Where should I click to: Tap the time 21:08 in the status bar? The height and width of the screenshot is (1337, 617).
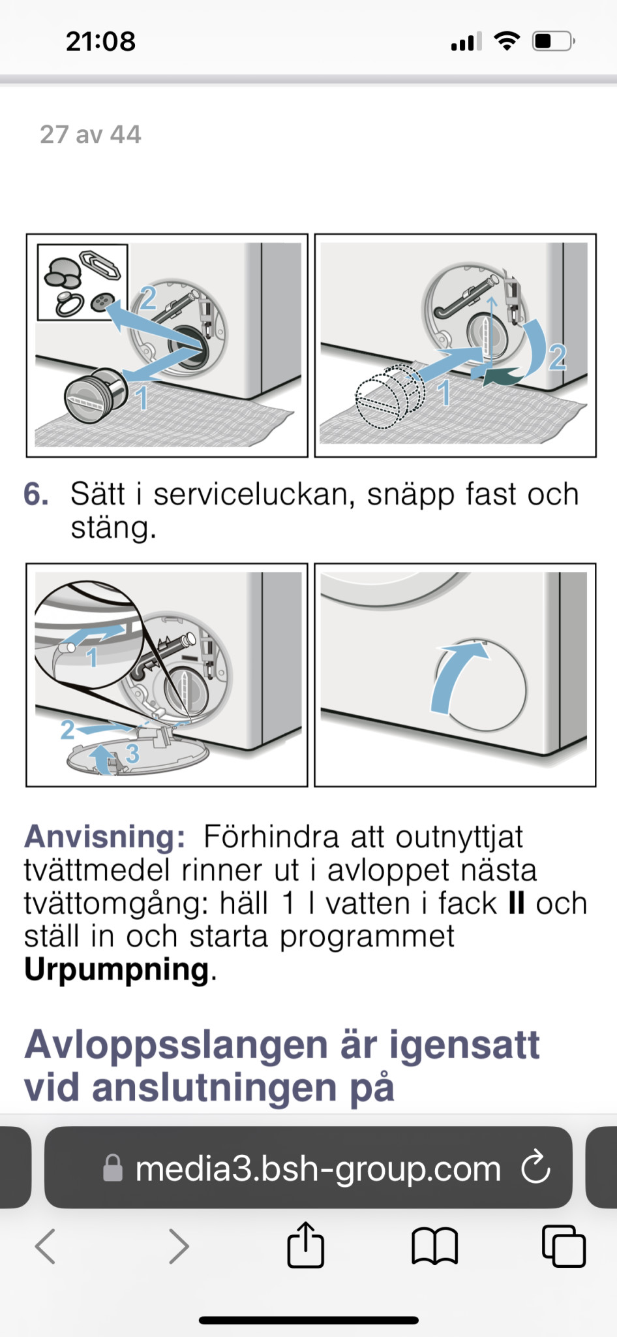point(100,41)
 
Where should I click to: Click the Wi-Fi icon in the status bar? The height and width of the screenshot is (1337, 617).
point(507,41)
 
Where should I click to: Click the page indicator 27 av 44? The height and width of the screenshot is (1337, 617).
point(90,134)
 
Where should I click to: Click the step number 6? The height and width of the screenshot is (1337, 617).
point(36,494)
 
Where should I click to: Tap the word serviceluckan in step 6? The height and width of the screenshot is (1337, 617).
point(254,494)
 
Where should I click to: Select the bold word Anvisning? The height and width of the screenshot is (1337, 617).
point(104,836)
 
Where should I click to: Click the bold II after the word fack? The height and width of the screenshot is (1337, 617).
point(516,904)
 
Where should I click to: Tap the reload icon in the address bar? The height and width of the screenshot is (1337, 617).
point(535,1168)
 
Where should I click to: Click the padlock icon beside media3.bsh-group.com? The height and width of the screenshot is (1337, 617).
point(113,1169)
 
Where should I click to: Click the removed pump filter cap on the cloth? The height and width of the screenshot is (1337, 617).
point(96,395)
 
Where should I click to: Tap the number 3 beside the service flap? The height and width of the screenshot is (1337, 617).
point(132,753)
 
